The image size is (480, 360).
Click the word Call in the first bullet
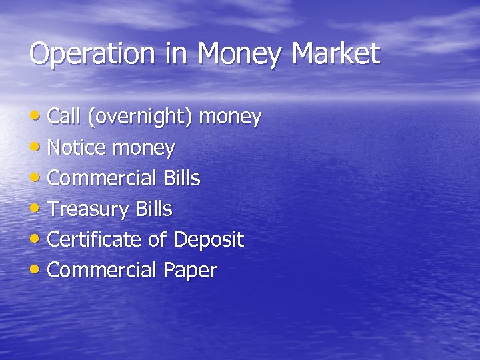(63, 117)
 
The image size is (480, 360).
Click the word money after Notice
(143, 148)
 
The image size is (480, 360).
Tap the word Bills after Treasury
(153, 209)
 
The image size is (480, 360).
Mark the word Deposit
(208, 240)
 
